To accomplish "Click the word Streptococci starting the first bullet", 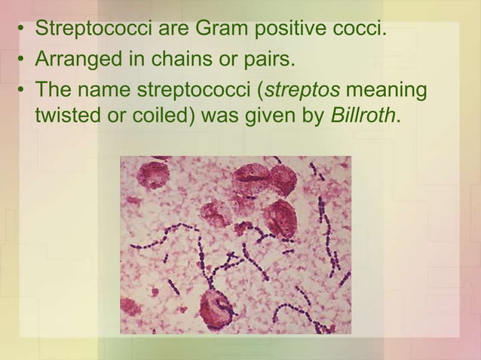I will coord(95,31).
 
